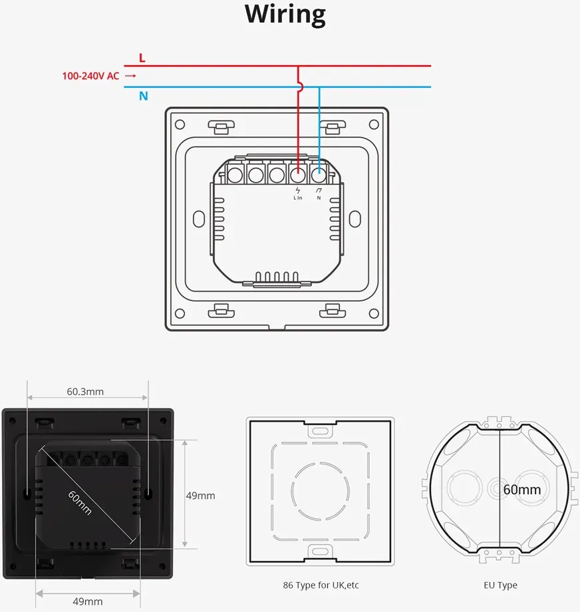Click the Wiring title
point(285,15)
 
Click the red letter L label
point(142,58)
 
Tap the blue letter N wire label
point(144,96)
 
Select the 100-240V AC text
point(90,76)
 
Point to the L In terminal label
point(298,198)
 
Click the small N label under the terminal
point(319,198)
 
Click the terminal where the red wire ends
point(298,174)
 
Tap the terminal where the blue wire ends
point(319,174)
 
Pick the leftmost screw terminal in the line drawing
point(235,174)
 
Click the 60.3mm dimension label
point(85,391)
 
